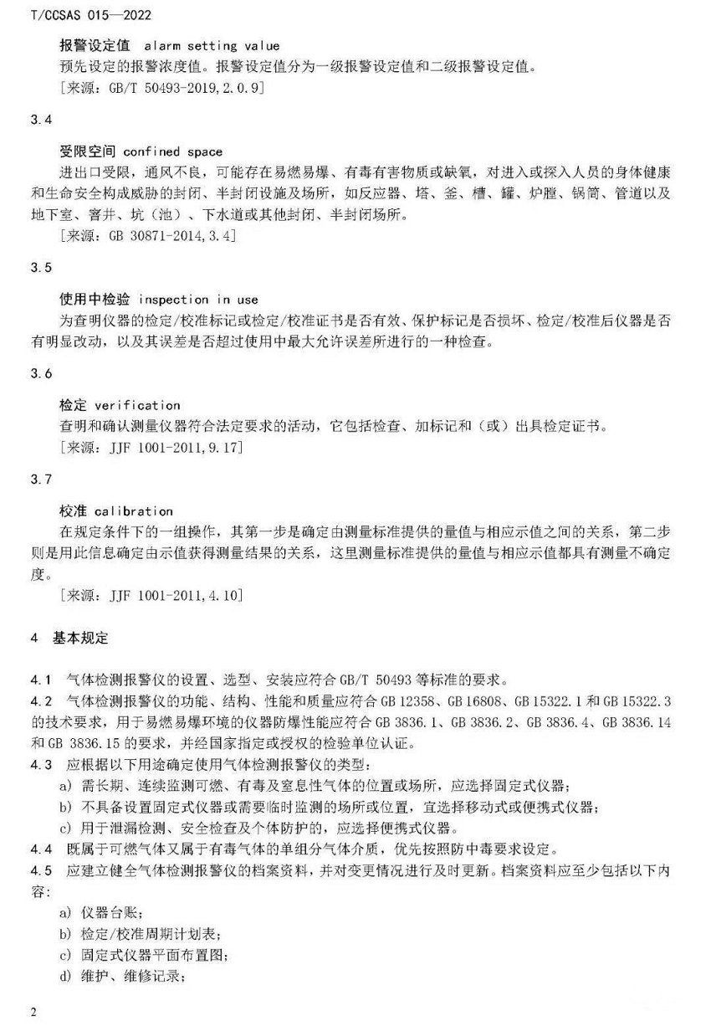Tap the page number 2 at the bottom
(x=33, y=1013)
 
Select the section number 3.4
(x=41, y=121)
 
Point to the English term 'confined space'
(x=172, y=151)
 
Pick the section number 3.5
(x=41, y=268)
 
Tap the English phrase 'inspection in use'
(x=197, y=299)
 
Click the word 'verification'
(x=136, y=405)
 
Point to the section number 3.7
(x=41, y=480)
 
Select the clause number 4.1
(x=41, y=679)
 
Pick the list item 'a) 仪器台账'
(x=97, y=911)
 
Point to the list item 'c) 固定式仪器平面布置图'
(x=143, y=954)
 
